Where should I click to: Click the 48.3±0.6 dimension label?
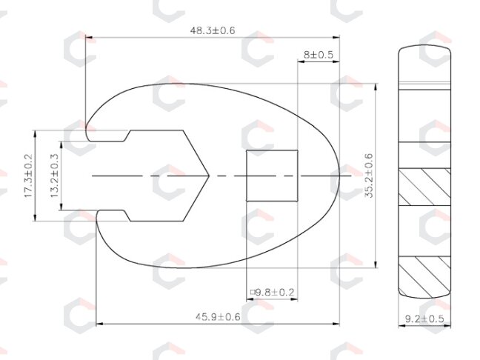click(213, 30)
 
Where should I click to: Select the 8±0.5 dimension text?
click(319, 55)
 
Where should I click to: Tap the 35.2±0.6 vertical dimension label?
click(369, 176)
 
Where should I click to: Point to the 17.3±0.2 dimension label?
click(28, 176)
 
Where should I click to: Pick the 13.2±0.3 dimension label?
click(55, 176)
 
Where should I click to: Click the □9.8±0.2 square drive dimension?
click(272, 293)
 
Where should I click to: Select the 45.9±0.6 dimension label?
click(218, 317)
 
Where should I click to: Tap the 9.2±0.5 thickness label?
click(424, 319)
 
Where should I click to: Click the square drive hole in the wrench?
click(272, 176)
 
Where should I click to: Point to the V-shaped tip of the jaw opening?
click(209, 176)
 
